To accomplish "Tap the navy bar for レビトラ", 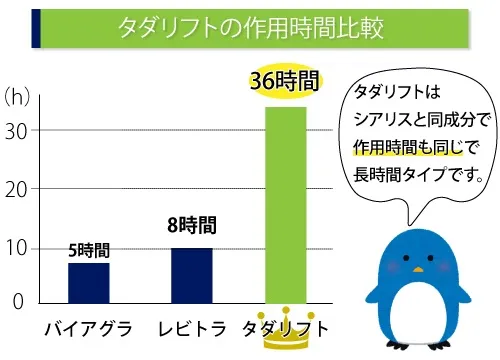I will (191, 274).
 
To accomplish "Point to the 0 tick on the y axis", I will (17, 300).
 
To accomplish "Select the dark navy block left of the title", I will (37, 28).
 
